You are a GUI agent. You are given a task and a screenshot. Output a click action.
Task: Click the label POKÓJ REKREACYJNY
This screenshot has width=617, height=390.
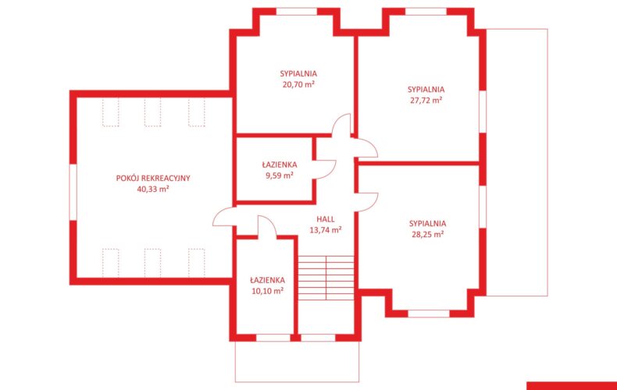pyautogui.click(x=153, y=178)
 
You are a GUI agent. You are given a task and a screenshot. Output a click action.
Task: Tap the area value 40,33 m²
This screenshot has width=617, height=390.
pyautogui.click(x=153, y=189)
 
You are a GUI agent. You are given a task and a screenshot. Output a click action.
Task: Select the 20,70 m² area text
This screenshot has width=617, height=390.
pyautogui.click(x=298, y=84)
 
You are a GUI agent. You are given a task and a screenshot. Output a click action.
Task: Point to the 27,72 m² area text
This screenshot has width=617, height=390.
pyautogui.click(x=426, y=101)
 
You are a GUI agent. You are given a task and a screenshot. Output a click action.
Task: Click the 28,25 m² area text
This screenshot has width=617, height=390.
pyautogui.click(x=428, y=234)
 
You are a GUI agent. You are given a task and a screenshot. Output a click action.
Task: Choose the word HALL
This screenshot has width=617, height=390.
pyautogui.click(x=326, y=219)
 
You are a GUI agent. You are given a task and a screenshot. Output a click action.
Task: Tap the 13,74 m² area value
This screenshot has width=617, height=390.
pyautogui.click(x=326, y=230)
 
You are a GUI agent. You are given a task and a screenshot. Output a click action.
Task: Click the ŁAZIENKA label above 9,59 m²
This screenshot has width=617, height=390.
pyautogui.click(x=280, y=165)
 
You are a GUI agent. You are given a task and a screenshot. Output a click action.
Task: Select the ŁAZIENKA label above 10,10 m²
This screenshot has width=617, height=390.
pyautogui.click(x=268, y=280)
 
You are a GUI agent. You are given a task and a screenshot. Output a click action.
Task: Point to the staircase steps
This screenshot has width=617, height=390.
pyautogui.click(x=326, y=278)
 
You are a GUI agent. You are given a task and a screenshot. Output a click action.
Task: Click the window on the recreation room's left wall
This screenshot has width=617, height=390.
pyautogui.click(x=73, y=192)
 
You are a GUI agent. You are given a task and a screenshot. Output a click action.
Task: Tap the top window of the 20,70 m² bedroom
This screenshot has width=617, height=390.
pyautogui.click(x=297, y=12)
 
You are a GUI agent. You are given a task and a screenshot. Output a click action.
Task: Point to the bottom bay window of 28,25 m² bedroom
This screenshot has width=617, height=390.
pyautogui.click(x=429, y=314)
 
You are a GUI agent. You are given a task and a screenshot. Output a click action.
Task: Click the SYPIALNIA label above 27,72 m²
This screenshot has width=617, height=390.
pyautogui.click(x=426, y=89)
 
